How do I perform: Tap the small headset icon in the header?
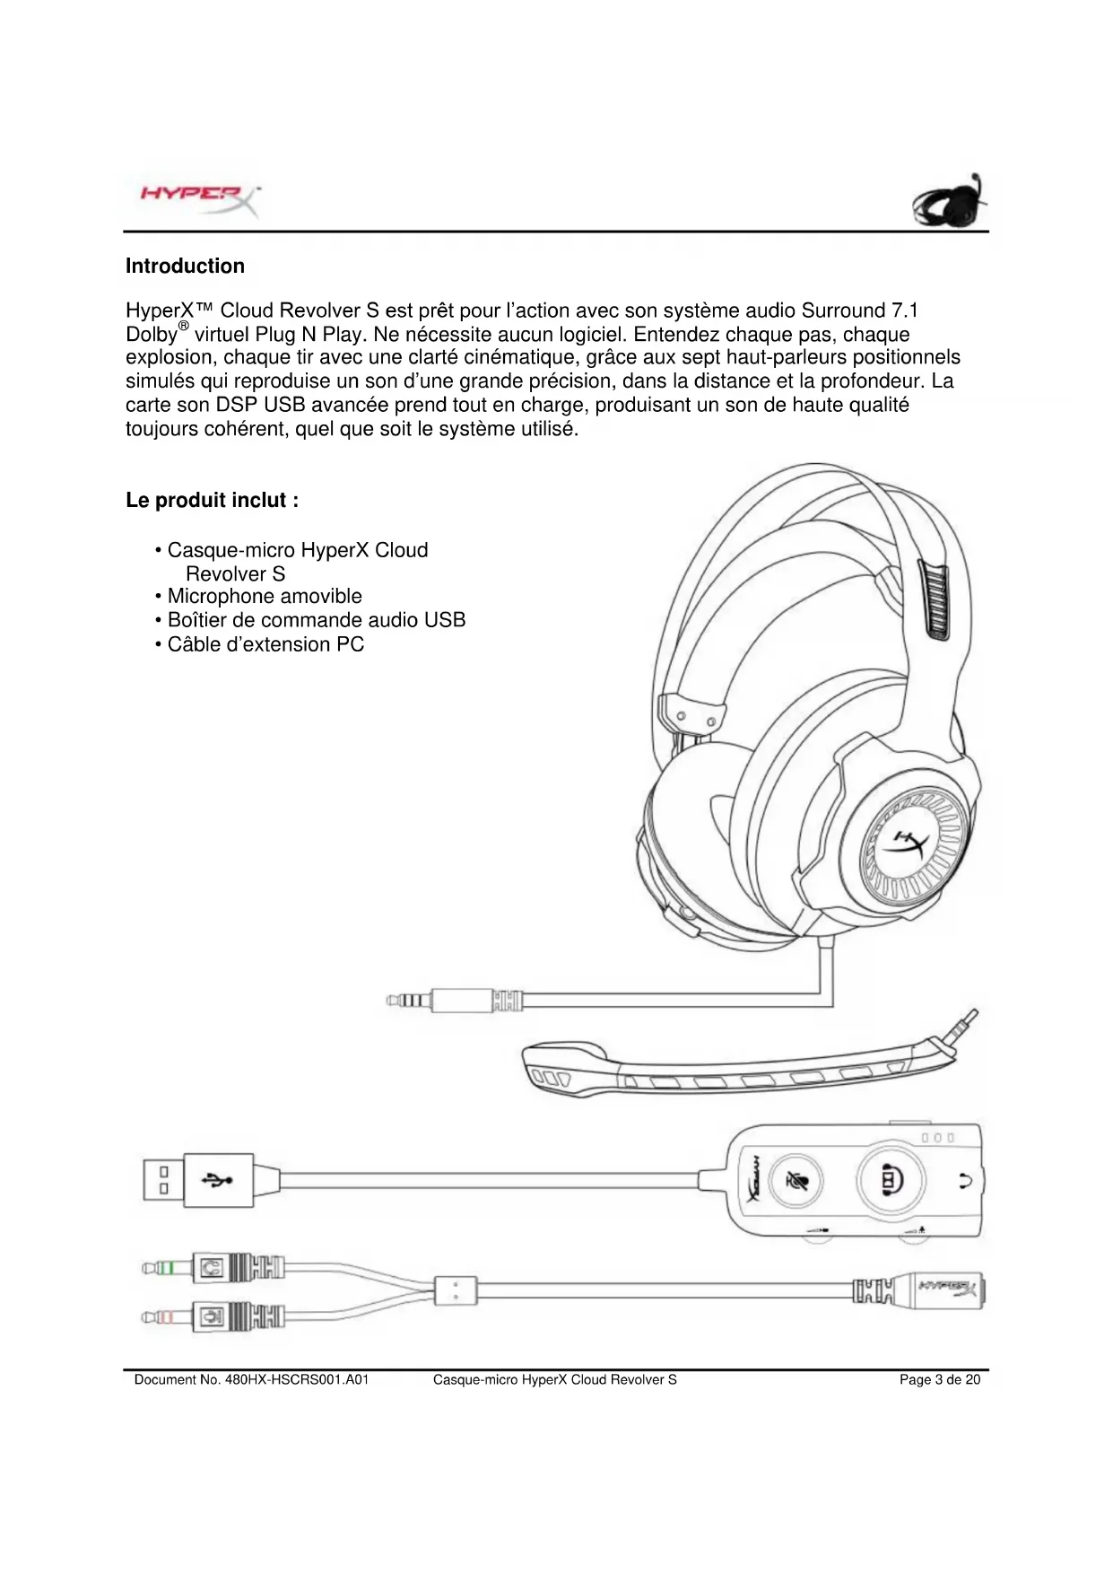(951, 201)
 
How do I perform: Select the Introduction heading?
(185, 266)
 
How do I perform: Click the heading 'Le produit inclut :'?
(212, 500)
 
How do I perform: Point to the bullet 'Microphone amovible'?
(265, 596)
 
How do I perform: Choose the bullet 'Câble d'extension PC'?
(265, 644)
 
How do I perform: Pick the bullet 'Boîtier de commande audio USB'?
(316, 620)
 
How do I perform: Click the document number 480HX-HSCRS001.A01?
(251, 1379)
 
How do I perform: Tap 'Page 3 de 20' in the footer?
(939, 1379)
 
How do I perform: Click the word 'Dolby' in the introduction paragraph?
(151, 335)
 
